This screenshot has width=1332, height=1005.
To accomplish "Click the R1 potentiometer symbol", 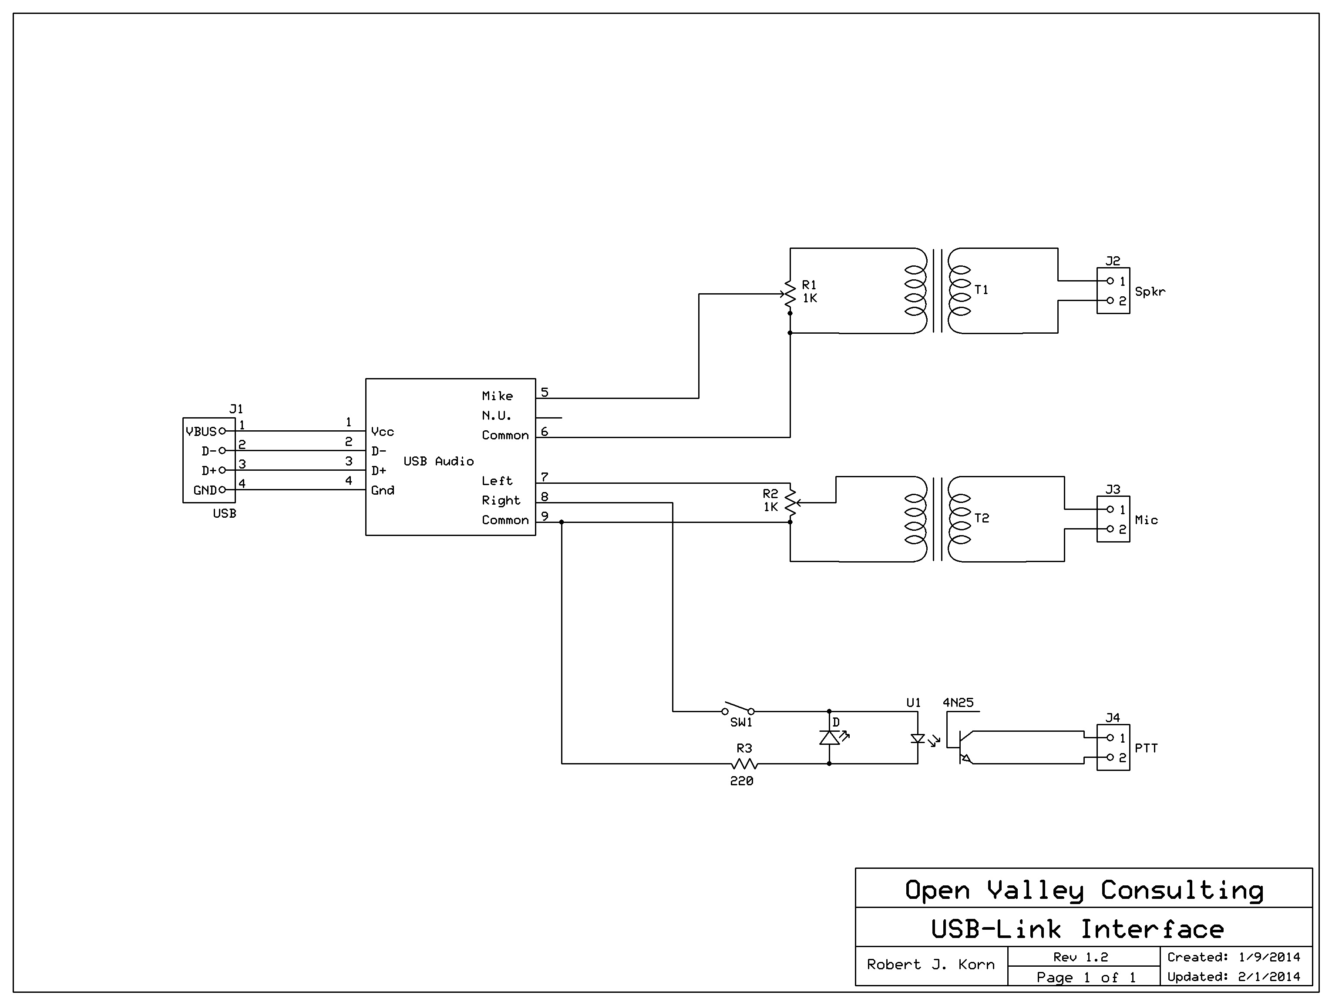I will tap(790, 295).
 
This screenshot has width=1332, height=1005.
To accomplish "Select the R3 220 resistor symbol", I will tap(744, 764).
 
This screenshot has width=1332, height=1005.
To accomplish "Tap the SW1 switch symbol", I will tap(738, 708).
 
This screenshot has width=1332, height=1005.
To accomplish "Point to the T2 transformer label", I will tap(982, 518).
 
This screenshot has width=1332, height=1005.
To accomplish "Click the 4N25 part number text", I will tap(958, 702).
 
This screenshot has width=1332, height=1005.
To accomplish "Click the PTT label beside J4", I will tap(1146, 748).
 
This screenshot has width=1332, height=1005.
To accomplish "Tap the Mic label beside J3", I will tap(1146, 520).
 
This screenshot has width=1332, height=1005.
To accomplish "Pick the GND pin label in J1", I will tap(205, 490).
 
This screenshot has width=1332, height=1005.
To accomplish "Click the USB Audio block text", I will tap(438, 461).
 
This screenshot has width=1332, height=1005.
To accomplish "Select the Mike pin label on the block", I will tap(497, 396).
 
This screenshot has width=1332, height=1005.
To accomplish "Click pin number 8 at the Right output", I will tap(545, 496).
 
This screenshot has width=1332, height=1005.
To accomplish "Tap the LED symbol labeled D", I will tap(830, 737).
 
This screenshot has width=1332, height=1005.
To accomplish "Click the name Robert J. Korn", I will tap(930, 965).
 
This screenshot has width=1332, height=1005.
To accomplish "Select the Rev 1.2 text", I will tap(1080, 957).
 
